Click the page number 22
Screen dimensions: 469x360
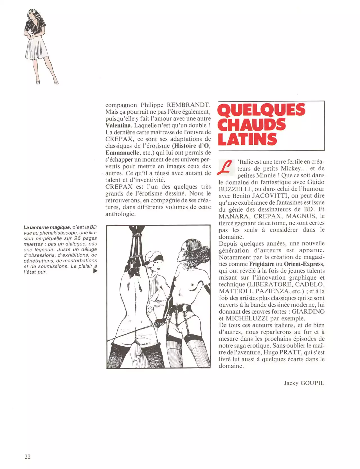[x=28, y=457]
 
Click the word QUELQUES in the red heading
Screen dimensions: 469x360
[x=262, y=110]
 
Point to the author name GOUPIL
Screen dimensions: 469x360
[x=312, y=383]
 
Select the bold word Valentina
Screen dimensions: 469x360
[x=118, y=125]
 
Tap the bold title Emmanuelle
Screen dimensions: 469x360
[x=122, y=153]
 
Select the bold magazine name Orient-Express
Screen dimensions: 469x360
[x=304, y=264]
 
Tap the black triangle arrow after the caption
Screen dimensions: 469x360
[x=95, y=271]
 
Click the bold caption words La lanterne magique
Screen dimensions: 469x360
[x=46, y=227]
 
